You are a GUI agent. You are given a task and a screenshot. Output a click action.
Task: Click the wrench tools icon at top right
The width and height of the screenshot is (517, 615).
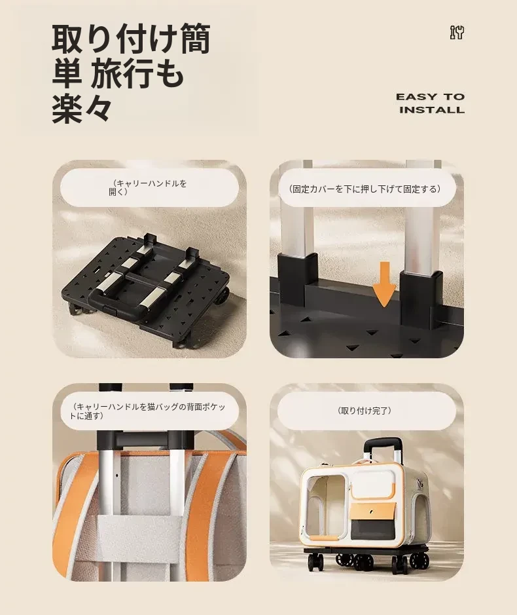point(457,33)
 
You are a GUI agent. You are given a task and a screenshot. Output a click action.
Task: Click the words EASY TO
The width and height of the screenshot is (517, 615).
point(431,97)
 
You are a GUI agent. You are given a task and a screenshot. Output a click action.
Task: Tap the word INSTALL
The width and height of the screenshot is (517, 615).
point(432,109)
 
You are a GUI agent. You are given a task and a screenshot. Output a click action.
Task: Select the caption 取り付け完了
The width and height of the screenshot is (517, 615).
point(365,411)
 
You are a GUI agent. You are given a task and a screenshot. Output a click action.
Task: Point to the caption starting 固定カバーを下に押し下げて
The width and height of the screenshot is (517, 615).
point(365,189)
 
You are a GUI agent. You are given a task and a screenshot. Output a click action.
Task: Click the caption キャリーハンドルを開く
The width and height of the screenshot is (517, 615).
point(148,187)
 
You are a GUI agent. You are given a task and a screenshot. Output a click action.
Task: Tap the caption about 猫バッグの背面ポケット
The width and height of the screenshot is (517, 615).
point(148,411)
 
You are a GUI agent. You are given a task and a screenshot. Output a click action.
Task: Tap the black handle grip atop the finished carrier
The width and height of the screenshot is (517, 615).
point(383,442)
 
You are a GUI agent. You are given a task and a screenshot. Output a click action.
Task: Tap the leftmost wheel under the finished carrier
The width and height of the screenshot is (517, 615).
point(313,564)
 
